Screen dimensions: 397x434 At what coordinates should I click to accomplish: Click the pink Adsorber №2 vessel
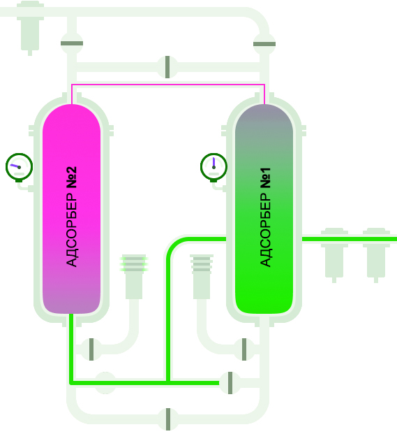click(x=71, y=209)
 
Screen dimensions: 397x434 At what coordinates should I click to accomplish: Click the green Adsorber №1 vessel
click(x=264, y=209)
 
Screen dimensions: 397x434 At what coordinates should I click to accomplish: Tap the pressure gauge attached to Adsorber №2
click(x=19, y=167)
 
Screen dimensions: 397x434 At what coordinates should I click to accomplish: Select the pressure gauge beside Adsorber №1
click(x=214, y=167)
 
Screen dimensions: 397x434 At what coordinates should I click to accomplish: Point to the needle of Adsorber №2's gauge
click(x=15, y=166)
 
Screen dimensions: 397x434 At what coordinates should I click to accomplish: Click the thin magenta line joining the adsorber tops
click(x=168, y=85)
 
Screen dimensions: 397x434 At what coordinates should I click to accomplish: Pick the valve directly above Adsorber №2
click(x=72, y=43)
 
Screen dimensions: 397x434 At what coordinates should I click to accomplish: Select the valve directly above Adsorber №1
click(x=264, y=44)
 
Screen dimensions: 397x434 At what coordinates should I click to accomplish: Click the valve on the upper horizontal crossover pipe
click(x=167, y=67)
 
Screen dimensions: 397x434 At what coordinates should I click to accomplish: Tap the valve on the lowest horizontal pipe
click(x=167, y=419)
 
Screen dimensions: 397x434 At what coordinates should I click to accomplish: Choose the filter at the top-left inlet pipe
click(x=30, y=28)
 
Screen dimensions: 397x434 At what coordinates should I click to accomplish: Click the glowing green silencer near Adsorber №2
click(x=134, y=277)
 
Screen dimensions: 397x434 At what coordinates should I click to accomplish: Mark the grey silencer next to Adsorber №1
click(x=202, y=277)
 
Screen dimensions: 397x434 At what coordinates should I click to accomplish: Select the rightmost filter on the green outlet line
click(x=376, y=254)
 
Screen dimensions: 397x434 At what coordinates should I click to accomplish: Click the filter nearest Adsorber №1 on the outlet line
click(x=334, y=254)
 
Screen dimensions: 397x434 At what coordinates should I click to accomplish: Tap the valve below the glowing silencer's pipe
click(x=91, y=349)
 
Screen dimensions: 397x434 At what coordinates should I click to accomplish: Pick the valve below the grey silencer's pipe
click(x=244, y=349)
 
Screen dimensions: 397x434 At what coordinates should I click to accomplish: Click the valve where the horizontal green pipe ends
click(x=230, y=383)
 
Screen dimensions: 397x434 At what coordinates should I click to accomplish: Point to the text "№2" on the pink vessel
click(x=71, y=178)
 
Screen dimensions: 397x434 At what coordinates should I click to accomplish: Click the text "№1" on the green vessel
click(x=266, y=178)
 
